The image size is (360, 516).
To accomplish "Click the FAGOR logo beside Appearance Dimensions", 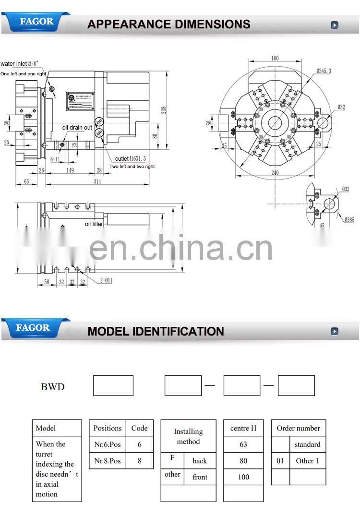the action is tap(36, 22).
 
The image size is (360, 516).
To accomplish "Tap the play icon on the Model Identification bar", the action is tap(335, 331).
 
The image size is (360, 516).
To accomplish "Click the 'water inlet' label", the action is tap(14, 64).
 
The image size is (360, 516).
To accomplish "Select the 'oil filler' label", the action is tap(94, 224).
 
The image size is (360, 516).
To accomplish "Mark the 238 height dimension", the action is tap(164, 109).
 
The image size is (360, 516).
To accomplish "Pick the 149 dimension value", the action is tap(70, 170).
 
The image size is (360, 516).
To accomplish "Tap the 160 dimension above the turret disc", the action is tap(275, 59).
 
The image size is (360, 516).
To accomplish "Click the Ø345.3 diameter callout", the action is tap(324, 71).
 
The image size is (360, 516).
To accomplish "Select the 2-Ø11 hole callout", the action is tap(106, 280).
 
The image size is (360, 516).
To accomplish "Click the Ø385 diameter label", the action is tap(349, 220).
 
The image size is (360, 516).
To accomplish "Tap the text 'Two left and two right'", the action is tap(132, 167).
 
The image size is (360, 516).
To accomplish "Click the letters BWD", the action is tap(52, 387).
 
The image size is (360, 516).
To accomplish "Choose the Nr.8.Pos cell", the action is tap(108, 461).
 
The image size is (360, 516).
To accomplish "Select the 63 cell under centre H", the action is tap(243, 444).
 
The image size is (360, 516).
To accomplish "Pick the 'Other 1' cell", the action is tap(308, 461).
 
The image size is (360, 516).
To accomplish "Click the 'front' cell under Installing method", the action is tap(200, 477).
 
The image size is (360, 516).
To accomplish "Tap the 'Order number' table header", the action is tap(298, 428).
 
